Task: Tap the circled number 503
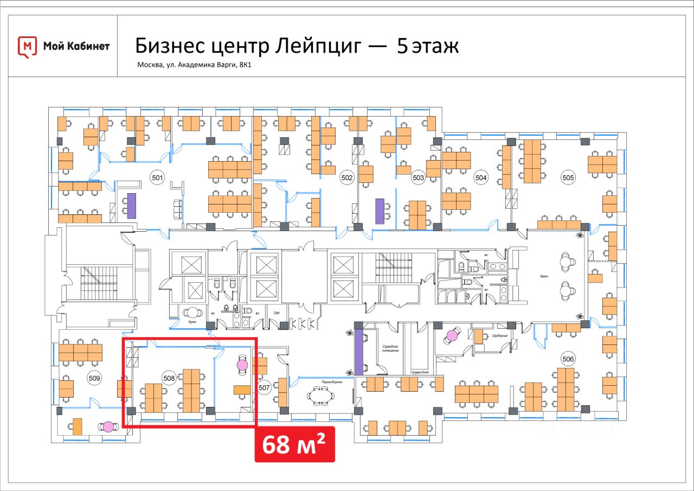tap(418, 177)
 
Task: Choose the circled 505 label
tap(568, 177)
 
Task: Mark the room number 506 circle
tap(568, 359)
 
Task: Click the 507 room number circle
tap(264, 388)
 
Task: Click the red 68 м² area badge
tap(295, 444)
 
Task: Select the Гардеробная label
tap(419, 372)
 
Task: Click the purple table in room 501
tap(131, 205)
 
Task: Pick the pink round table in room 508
tap(242, 365)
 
